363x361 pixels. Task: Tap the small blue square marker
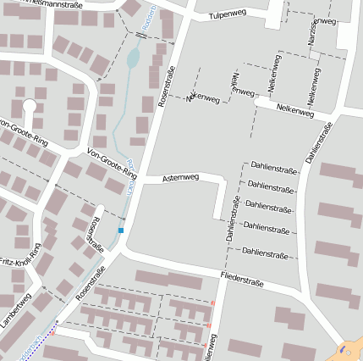pos(121,230)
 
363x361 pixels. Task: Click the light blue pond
pos(132,58)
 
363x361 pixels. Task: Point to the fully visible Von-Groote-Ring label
pos(112,163)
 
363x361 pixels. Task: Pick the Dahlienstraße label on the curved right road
pos(319,141)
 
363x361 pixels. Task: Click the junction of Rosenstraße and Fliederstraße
pos(123,252)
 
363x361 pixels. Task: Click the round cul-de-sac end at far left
pos(30,106)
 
